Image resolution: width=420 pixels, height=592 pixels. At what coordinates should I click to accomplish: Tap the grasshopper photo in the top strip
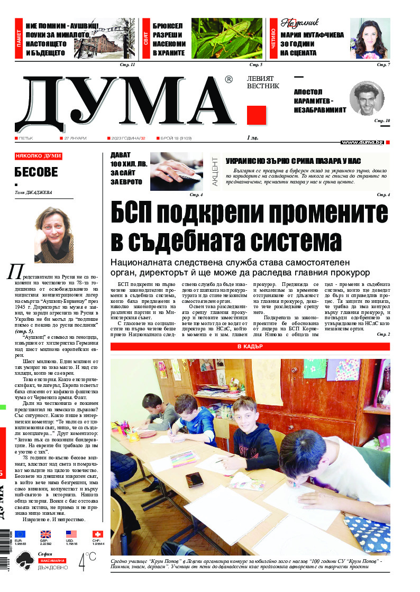(226, 39)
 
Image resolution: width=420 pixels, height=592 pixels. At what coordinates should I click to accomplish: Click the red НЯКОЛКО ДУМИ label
(38, 156)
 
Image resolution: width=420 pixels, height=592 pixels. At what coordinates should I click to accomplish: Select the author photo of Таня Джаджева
(53, 234)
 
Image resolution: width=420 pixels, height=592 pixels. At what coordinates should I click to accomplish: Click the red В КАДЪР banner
(250, 346)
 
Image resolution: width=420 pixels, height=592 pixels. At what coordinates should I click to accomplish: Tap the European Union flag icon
(21, 534)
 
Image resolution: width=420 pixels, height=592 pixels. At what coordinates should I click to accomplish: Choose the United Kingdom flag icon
(45, 534)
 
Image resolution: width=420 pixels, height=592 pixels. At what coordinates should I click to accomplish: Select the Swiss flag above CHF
(97, 534)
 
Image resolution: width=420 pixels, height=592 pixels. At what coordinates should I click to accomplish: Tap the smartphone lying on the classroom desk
(194, 479)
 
